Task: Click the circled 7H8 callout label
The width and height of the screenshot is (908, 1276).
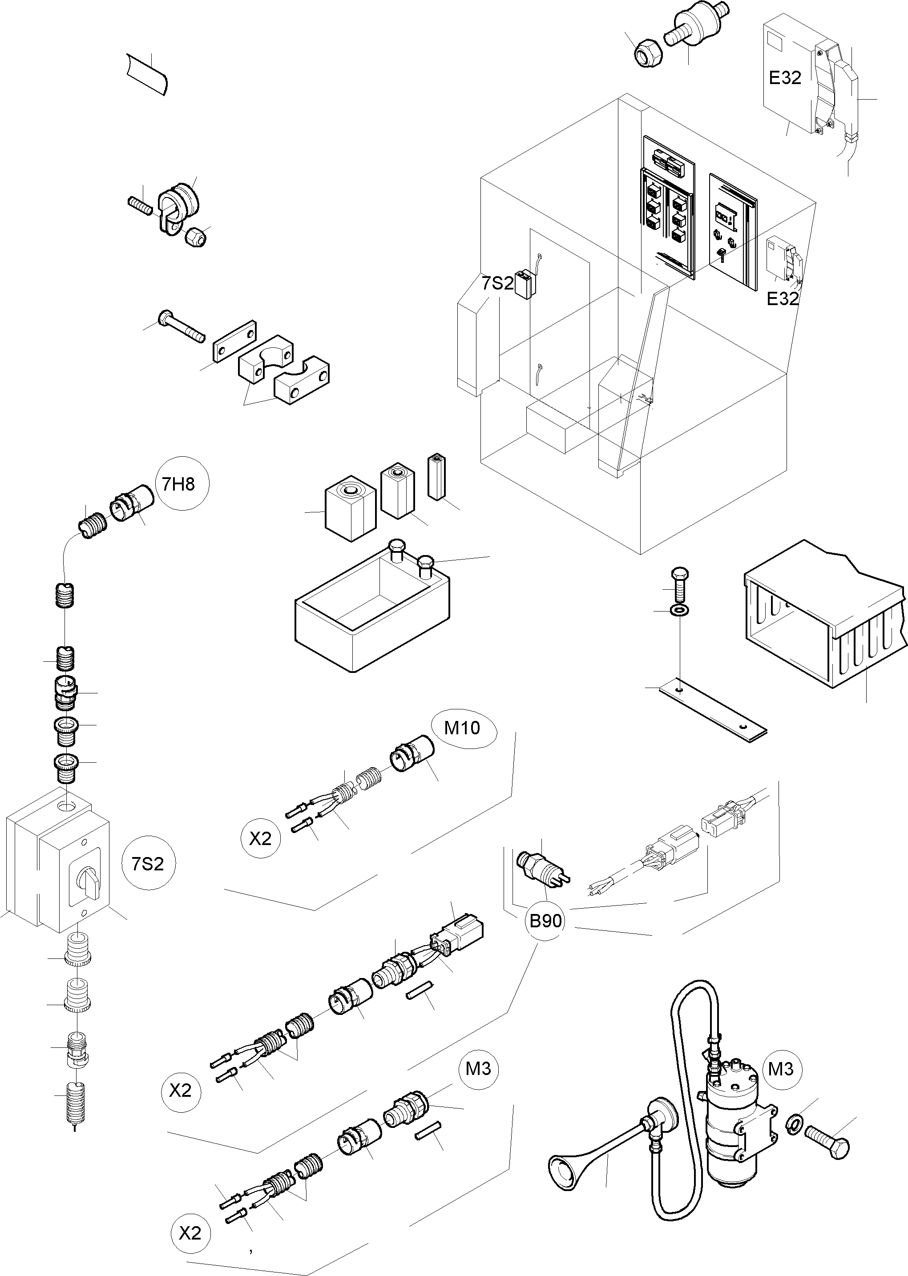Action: [178, 483]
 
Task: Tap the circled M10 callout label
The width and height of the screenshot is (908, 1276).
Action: [462, 728]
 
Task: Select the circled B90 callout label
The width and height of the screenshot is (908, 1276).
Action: [545, 921]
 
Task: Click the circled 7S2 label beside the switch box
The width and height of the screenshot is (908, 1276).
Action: [148, 864]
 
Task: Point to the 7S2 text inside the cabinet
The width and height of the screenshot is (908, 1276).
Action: [498, 283]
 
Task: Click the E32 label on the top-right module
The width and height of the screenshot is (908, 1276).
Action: [785, 78]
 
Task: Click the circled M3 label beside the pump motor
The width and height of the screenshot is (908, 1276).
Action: [780, 1069]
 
